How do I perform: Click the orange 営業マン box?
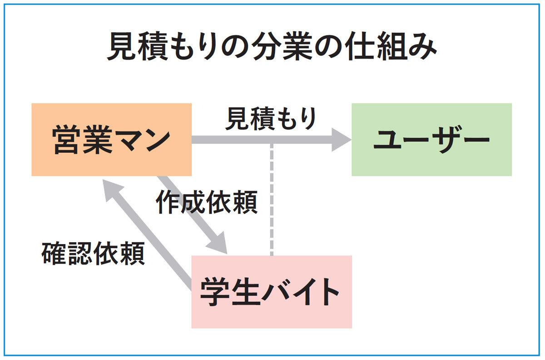click(111, 140)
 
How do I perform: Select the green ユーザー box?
click(431, 140)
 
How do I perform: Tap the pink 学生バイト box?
click(271, 292)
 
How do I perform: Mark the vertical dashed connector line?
click(272, 200)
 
